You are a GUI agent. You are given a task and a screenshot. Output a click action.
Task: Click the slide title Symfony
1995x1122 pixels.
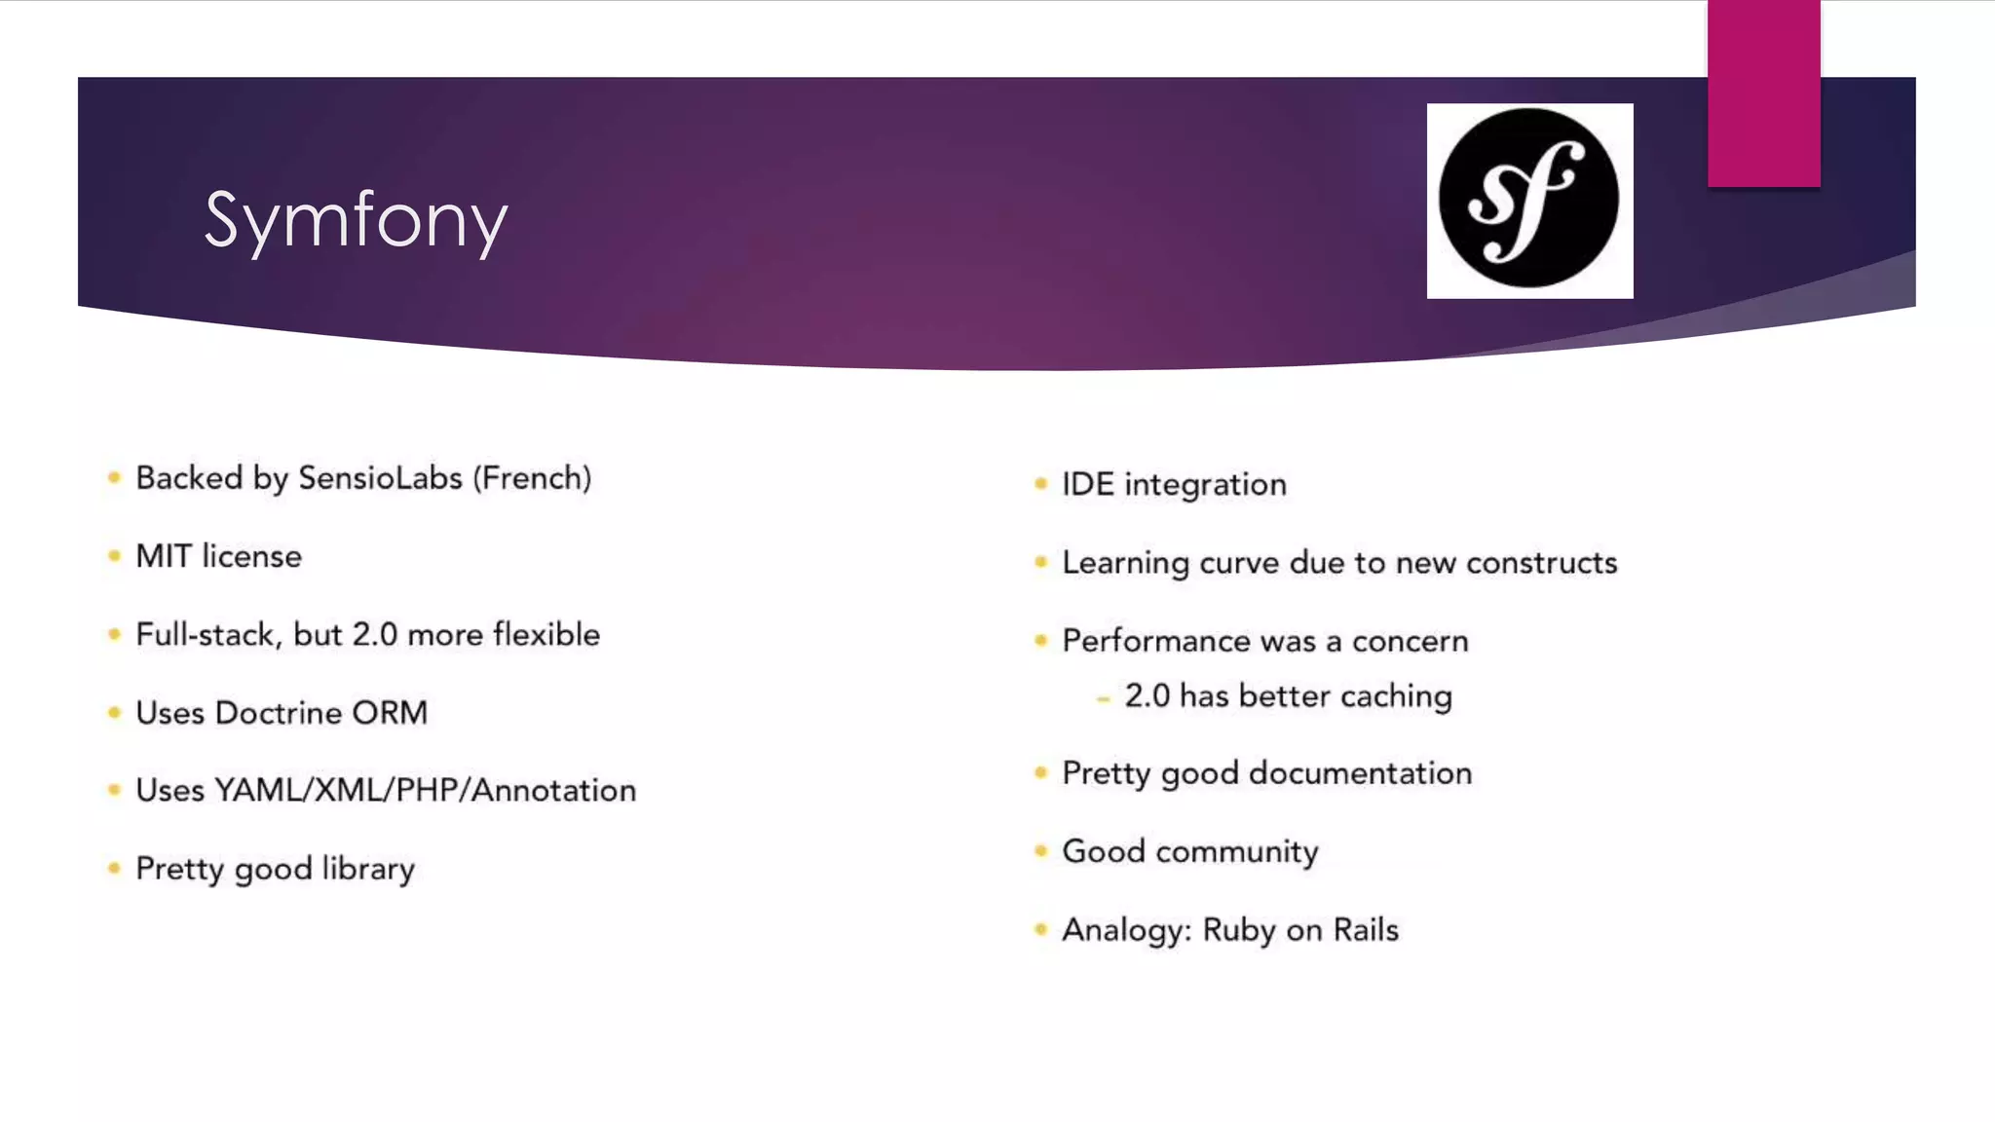[x=356, y=221]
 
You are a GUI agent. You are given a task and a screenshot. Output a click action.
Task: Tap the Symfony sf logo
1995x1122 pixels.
[x=1529, y=200]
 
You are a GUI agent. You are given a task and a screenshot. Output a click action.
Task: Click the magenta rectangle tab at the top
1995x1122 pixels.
[x=1763, y=93]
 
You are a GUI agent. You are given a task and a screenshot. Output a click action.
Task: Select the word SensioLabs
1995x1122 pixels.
[x=380, y=478]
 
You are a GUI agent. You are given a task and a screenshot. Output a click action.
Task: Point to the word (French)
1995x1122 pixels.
[x=532, y=478]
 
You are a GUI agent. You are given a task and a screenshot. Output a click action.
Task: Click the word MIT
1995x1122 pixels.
[x=163, y=556]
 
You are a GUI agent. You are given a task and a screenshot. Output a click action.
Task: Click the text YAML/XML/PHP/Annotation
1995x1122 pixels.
[x=425, y=790]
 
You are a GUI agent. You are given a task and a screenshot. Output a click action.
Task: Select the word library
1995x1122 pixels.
[x=368, y=869]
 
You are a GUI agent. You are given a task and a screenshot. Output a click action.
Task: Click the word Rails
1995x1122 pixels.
[x=1366, y=930]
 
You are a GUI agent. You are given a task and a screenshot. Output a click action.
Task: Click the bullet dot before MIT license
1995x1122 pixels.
[x=114, y=556]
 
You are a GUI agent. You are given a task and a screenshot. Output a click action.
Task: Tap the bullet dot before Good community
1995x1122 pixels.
[x=1040, y=851]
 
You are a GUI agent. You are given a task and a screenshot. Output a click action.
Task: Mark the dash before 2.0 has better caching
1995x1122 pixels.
[x=1103, y=698]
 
